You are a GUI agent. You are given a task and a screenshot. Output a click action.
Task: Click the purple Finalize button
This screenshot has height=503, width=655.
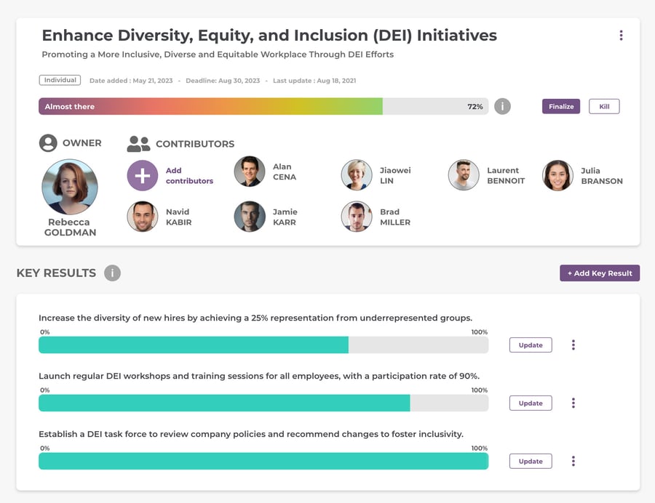pyautogui.click(x=560, y=107)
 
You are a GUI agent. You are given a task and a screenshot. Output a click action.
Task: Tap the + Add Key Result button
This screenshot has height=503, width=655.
pyautogui.click(x=600, y=273)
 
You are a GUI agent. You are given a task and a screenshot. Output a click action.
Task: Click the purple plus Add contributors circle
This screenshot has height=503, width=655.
pyautogui.click(x=143, y=176)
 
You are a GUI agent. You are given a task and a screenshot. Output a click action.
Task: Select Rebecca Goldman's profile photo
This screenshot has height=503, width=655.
pyautogui.click(x=70, y=187)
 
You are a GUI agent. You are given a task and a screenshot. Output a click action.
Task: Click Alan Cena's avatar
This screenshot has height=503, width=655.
pyautogui.click(x=250, y=172)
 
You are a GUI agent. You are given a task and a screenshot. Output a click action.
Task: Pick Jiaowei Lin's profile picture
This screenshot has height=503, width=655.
pyautogui.click(x=357, y=175)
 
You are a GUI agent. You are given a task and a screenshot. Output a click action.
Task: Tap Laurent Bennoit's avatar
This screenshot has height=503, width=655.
pyautogui.click(x=464, y=175)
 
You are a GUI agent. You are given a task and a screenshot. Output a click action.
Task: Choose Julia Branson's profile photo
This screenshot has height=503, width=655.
pyautogui.click(x=557, y=175)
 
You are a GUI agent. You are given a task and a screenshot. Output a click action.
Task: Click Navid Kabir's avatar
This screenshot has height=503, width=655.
pyautogui.click(x=143, y=217)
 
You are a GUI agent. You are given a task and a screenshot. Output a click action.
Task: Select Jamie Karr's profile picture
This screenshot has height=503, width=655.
pyautogui.click(x=250, y=217)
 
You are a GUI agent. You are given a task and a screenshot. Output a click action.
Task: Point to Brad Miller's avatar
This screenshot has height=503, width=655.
pyautogui.click(x=357, y=217)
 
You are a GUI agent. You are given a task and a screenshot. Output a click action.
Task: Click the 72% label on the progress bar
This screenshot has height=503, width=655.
pyautogui.click(x=475, y=107)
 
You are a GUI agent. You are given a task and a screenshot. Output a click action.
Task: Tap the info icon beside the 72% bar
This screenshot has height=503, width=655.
pyautogui.click(x=502, y=107)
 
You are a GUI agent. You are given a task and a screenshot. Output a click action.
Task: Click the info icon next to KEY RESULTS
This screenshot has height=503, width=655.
pyautogui.click(x=112, y=273)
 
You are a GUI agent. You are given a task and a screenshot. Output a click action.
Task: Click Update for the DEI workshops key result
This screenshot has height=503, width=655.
pyautogui.click(x=530, y=403)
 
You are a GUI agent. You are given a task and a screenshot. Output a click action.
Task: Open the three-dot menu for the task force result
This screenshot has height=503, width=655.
pyautogui.click(x=573, y=461)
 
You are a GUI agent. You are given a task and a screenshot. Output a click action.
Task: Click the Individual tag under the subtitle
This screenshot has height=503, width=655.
pyautogui.click(x=60, y=81)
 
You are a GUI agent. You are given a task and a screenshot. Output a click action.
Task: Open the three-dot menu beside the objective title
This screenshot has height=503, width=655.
pyautogui.click(x=621, y=36)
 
